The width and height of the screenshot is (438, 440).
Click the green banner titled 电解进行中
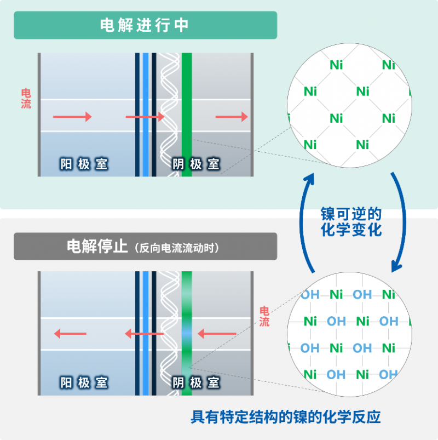point(145,25)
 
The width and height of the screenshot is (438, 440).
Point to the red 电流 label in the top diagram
point(26,99)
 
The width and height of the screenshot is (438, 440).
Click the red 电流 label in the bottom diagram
point(264,316)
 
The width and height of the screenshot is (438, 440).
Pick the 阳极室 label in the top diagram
point(84,164)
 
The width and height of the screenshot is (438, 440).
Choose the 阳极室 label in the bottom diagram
point(84,382)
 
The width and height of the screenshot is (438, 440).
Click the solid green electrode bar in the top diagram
point(187,99)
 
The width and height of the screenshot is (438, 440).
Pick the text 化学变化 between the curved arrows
point(351,230)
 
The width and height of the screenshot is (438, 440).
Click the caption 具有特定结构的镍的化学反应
point(285,417)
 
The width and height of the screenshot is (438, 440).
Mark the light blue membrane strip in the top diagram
point(146,115)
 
